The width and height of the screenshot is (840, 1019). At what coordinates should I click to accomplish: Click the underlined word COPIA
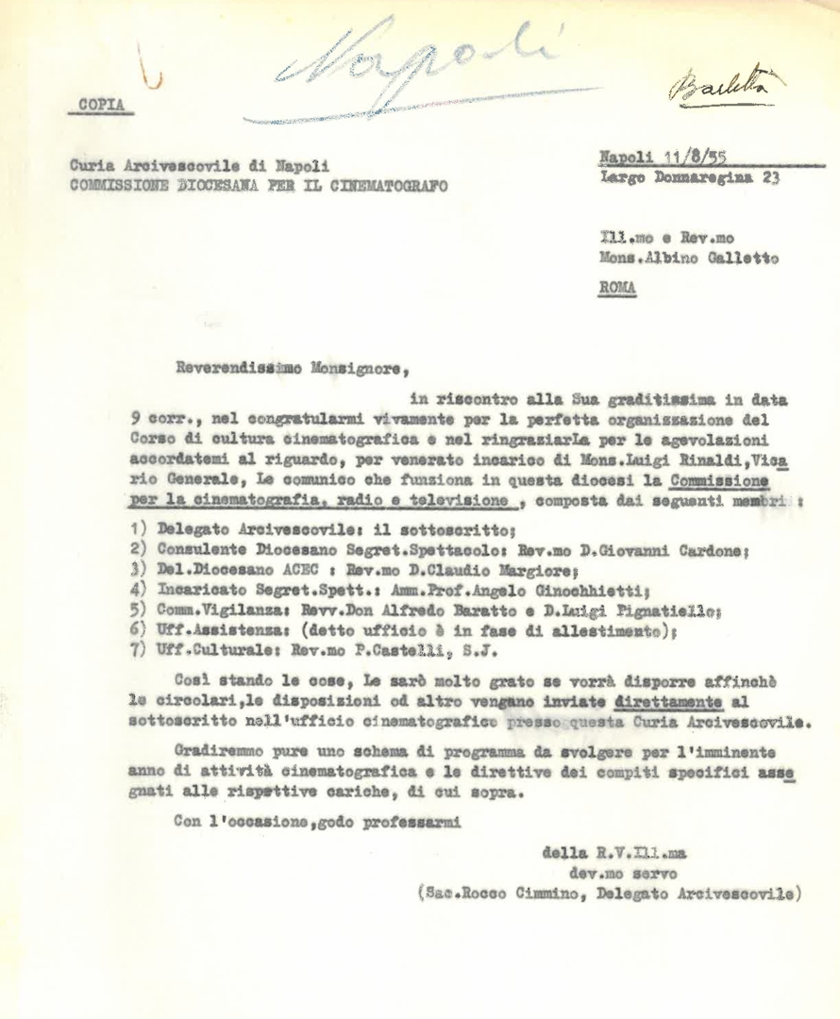99,105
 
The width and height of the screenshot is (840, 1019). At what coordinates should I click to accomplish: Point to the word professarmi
415,822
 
